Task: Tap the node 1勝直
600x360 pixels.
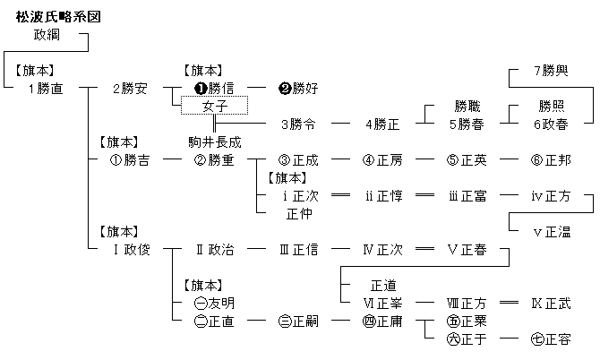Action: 45,89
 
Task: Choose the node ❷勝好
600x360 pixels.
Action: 298,89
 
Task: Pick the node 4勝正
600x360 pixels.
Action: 382,124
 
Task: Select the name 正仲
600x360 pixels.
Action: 298,214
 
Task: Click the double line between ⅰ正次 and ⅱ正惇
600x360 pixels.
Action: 340,196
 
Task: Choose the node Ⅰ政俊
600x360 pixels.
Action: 130,250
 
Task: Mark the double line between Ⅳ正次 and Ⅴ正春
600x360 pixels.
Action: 424,250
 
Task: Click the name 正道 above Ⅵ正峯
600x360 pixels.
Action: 382,286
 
